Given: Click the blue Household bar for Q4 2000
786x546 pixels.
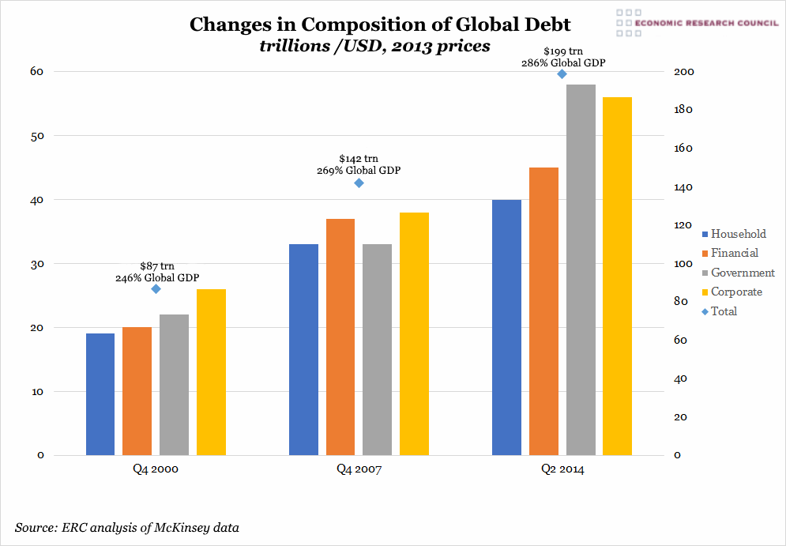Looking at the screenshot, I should [100, 394].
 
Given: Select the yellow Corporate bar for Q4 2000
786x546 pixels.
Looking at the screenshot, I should [211, 372].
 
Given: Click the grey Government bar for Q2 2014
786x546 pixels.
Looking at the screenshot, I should [581, 269].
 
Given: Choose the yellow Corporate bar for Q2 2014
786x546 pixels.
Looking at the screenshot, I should [617, 276].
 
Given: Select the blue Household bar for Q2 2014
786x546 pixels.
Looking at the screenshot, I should [506, 327].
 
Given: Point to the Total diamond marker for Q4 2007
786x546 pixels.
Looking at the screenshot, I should [359, 183].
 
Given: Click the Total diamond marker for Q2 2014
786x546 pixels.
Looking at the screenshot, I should [562, 74].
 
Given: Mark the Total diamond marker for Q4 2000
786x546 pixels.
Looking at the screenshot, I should [156, 289].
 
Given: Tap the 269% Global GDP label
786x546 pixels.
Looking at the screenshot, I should [359, 171].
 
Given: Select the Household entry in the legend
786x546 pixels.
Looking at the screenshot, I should [738, 234].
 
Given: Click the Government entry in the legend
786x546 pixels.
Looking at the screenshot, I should [743, 273].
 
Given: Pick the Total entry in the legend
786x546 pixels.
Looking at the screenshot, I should [724, 311].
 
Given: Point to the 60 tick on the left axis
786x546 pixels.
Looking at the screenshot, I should [37, 72].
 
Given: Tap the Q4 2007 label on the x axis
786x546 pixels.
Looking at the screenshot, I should [359, 469].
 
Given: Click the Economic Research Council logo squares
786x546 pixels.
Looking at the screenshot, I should [629, 23].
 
